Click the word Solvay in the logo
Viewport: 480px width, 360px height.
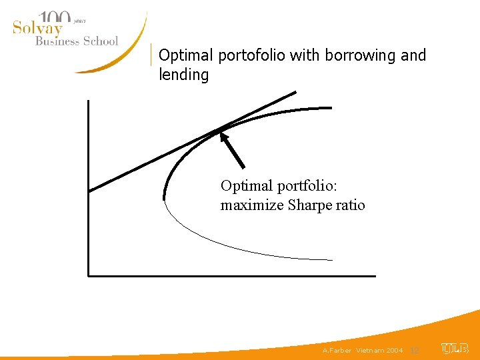tap(37, 29)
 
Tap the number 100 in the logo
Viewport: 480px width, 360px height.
tap(55, 18)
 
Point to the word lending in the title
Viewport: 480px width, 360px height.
tap(183, 75)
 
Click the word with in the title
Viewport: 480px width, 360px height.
tap(306, 55)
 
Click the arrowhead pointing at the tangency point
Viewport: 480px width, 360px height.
tap(225, 137)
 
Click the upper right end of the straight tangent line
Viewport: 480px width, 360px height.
tap(295, 92)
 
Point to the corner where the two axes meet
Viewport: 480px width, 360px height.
tap(88, 275)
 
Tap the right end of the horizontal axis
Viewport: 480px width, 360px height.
tap(375, 275)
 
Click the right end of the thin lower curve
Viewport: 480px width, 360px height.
tap(331, 259)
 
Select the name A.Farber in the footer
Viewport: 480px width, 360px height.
tap(337, 350)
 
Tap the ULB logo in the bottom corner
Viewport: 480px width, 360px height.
tap(455, 349)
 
